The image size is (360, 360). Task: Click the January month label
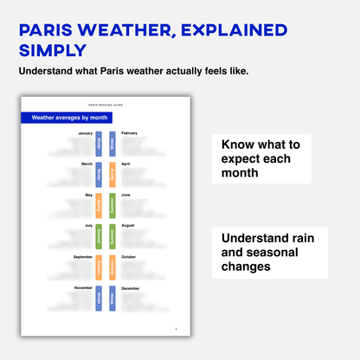pyautogui.click(x=85, y=133)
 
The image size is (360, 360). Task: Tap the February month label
pyautogui.click(x=129, y=133)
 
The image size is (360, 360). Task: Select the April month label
pyautogui.click(x=125, y=164)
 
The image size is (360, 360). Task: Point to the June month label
pyautogui.click(x=125, y=195)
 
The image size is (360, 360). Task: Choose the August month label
pyautogui.click(x=128, y=225)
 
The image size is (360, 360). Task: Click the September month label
pyautogui.click(x=83, y=256)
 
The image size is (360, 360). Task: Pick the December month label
pyautogui.click(x=130, y=287)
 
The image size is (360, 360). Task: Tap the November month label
pyautogui.click(x=84, y=287)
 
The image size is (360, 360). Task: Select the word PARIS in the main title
pyautogui.click(x=54, y=30)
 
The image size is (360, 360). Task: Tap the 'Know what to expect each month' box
pyautogui.click(x=260, y=158)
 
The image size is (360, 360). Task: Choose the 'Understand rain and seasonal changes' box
pyautogui.click(x=260, y=252)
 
